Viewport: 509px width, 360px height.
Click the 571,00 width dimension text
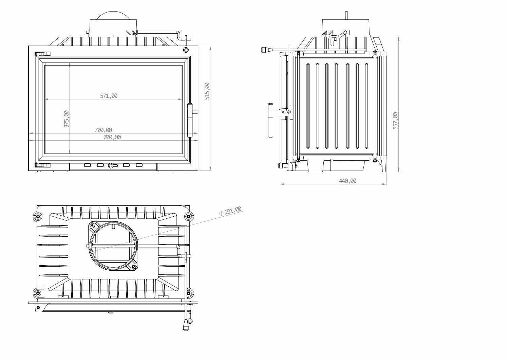coord(109,96)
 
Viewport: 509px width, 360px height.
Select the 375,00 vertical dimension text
coord(67,119)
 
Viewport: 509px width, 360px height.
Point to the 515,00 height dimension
coord(207,91)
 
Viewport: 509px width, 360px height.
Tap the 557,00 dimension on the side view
coord(395,121)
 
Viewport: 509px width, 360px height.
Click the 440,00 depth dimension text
coord(348,181)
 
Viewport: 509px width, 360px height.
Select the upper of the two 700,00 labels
coord(103,130)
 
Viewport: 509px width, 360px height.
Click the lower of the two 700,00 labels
coord(112,137)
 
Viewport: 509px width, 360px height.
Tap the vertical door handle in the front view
coord(190,120)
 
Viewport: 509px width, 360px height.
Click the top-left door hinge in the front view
coord(42,54)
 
